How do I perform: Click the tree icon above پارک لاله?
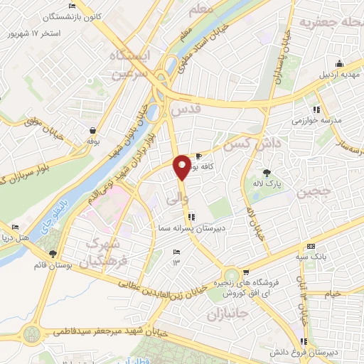pyautogui.click(x=267, y=172)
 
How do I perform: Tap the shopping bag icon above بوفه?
pyautogui.click(x=92, y=130)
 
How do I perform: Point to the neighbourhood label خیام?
pyautogui.click(x=331, y=294)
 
